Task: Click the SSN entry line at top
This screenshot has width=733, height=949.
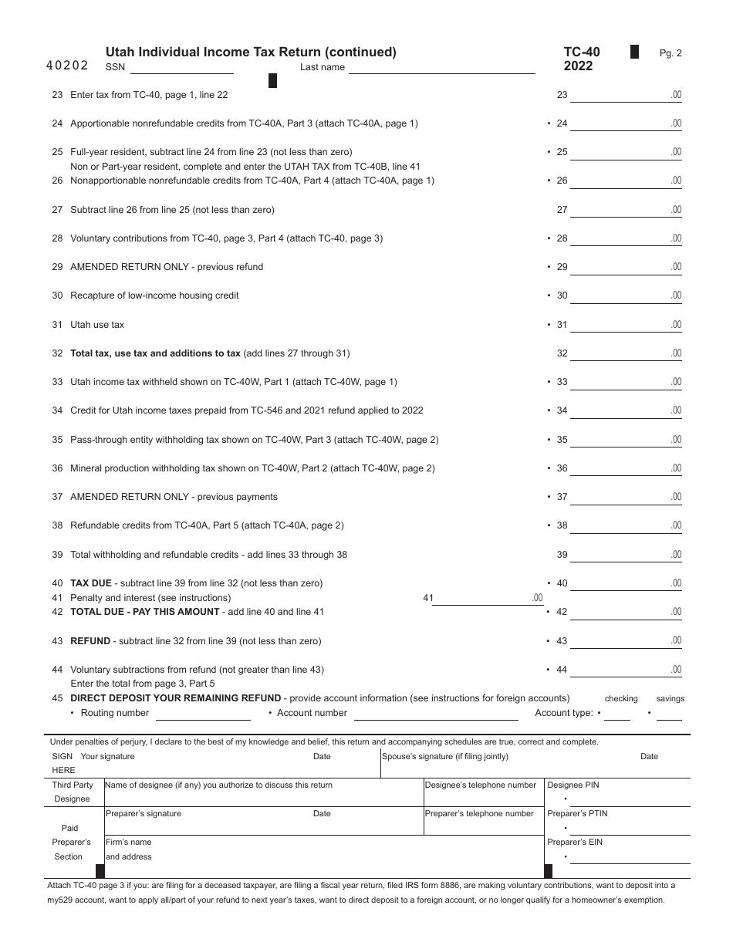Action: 181,68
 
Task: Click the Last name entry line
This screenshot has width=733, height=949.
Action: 441,68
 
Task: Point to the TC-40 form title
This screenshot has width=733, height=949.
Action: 581,52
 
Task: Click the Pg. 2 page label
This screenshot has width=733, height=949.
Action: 671,53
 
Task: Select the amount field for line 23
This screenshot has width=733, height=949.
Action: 626,96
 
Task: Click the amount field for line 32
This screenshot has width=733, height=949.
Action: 626,354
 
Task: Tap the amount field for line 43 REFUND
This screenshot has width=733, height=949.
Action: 626,641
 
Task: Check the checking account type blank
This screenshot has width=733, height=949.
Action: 617,714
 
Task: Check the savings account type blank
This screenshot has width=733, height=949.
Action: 669,714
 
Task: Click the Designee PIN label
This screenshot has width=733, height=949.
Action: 573,785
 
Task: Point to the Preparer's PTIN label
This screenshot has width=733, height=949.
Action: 577,814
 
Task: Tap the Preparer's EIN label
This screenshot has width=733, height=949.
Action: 575,843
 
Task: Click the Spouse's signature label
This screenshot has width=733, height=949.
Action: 445,757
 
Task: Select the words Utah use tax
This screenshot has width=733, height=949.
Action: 97,325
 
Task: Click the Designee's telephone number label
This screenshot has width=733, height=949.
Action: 480,785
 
